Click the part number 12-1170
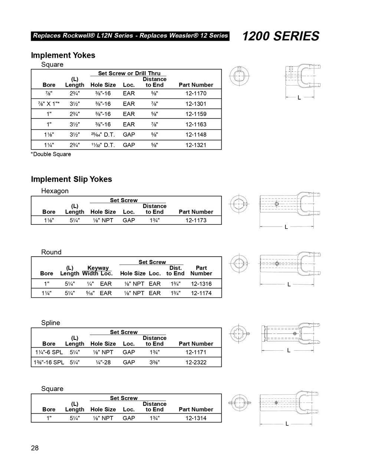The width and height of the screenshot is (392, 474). click(x=196, y=93)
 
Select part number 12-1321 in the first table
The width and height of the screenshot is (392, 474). click(x=196, y=145)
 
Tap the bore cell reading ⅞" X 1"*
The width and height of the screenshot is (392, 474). click(x=49, y=104)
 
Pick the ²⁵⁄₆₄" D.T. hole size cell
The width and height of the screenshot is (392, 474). click(x=103, y=134)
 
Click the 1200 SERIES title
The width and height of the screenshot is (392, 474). click(x=280, y=36)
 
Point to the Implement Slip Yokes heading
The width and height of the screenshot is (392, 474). click(x=71, y=179)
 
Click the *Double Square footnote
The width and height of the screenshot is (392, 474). click(x=51, y=154)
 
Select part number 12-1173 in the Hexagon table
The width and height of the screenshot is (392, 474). click(x=196, y=220)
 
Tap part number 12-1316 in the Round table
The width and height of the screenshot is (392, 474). click(x=201, y=284)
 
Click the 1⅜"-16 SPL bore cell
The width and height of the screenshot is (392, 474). click(x=49, y=362)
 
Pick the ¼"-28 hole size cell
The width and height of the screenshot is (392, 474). click(x=103, y=362)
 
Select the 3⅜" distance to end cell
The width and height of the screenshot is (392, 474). click(x=154, y=362)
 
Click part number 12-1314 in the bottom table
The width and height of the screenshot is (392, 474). click(x=196, y=418)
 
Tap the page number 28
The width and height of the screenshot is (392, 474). click(x=34, y=448)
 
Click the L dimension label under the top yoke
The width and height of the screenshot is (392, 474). click(x=299, y=98)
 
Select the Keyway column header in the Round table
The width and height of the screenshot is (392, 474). click(x=98, y=268)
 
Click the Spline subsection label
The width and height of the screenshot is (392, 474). click(x=50, y=323)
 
